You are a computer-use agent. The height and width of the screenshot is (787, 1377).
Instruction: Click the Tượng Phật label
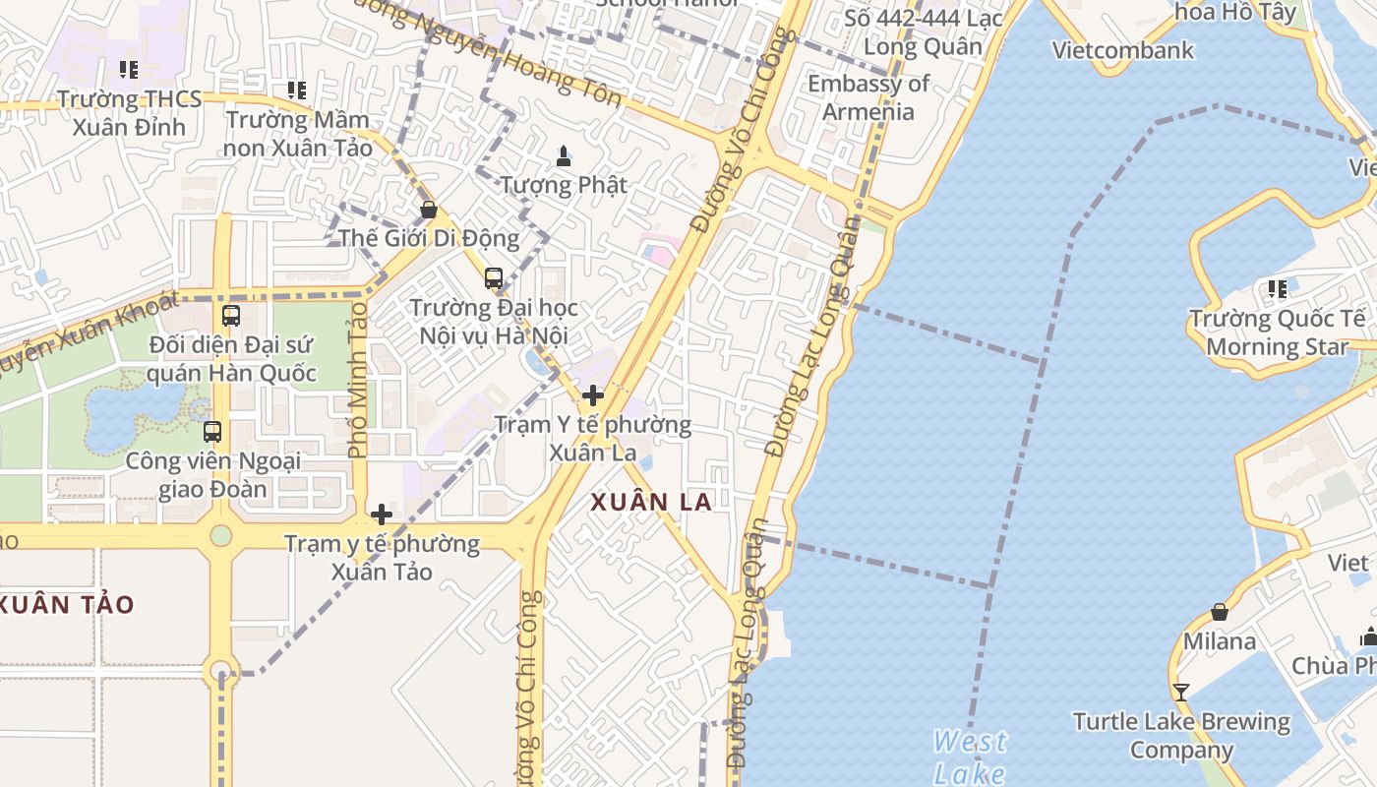564,184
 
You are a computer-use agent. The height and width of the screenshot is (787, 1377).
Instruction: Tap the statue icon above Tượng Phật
564,155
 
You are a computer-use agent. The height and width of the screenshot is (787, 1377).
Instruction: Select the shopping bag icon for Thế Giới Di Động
429,210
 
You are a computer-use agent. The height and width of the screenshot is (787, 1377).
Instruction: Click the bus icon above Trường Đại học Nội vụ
494,278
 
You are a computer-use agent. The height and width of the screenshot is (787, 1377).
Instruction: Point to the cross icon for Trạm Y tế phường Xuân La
593,395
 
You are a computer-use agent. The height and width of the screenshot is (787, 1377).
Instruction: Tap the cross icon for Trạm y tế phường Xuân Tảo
382,514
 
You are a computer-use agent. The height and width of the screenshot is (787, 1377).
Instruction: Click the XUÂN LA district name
651,502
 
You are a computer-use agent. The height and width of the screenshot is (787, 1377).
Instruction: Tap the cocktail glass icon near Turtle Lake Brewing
1181,693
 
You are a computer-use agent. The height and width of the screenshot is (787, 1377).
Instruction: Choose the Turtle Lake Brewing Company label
1181,735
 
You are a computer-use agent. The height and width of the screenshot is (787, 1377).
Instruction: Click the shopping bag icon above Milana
1220,612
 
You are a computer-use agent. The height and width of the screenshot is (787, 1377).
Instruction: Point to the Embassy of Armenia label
868,97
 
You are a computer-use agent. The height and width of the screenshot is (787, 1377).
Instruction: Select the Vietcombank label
1123,50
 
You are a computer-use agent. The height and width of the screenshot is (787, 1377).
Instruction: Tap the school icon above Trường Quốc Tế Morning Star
1278,289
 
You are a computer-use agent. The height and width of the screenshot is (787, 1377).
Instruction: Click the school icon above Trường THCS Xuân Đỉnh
129,70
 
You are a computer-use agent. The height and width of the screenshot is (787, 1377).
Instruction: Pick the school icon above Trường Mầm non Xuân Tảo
297,91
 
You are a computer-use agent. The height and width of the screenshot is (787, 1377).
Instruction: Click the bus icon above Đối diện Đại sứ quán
231,316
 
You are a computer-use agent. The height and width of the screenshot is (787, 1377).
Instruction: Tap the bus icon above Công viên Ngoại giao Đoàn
212,431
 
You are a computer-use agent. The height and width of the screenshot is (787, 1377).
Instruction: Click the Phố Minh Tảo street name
358,380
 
